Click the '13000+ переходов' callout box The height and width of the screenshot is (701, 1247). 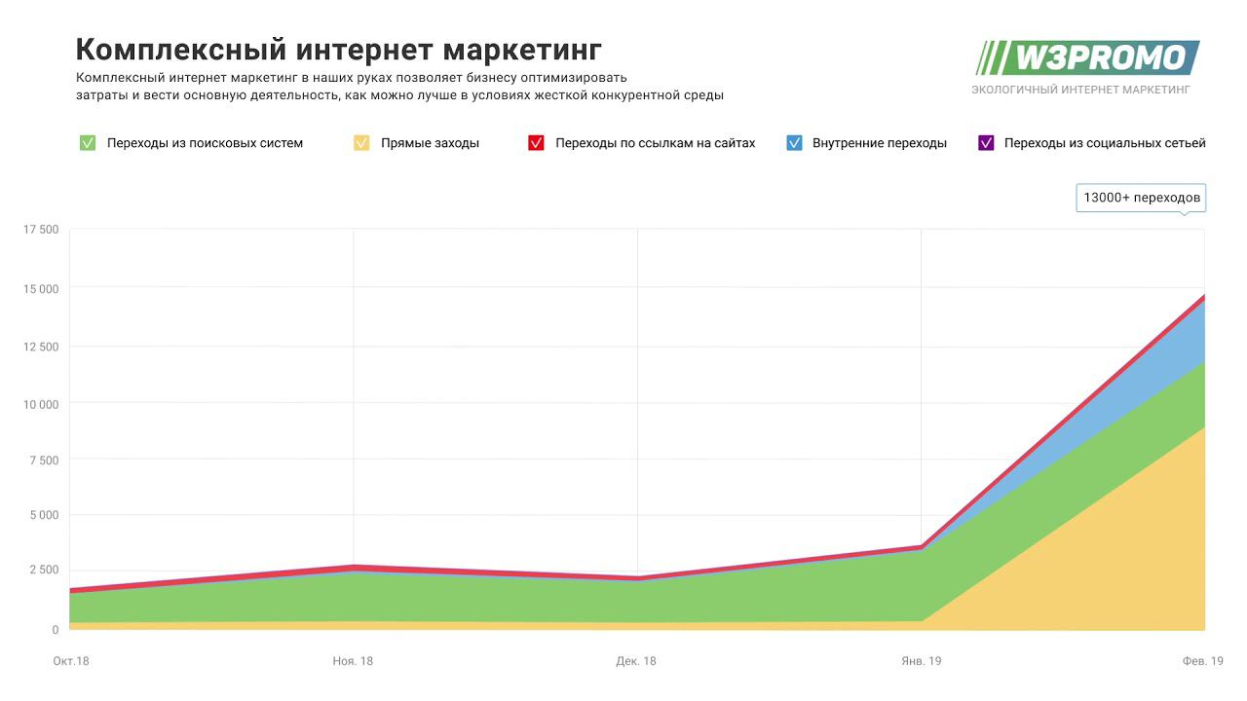(1141, 198)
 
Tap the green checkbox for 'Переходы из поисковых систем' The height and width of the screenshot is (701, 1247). (88, 143)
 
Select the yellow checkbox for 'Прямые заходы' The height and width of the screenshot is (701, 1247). (361, 143)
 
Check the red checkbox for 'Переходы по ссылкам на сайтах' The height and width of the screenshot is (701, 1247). (536, 143)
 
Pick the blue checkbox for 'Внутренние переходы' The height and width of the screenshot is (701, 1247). (793, 143)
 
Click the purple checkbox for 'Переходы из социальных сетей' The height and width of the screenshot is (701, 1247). (985, 143)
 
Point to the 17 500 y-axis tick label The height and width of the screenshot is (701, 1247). (41, 230)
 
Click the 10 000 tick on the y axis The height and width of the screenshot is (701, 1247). (41, 404)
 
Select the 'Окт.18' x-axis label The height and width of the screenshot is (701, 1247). (71, 661)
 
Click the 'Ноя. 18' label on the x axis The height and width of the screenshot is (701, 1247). (353, 661)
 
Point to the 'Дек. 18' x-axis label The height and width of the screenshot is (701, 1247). (636, 661)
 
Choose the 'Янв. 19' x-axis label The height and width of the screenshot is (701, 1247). (921, 661)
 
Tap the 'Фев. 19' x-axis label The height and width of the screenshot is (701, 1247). (1203, 661)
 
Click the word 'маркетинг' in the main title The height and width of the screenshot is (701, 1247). (522, 50)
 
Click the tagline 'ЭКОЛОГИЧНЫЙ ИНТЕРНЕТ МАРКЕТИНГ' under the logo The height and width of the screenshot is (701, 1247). (1080, 90)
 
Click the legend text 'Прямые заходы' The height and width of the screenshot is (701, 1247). (430, 143)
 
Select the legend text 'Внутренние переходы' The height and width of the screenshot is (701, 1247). (880, 143)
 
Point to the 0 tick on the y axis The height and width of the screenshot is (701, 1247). (55, 630)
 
